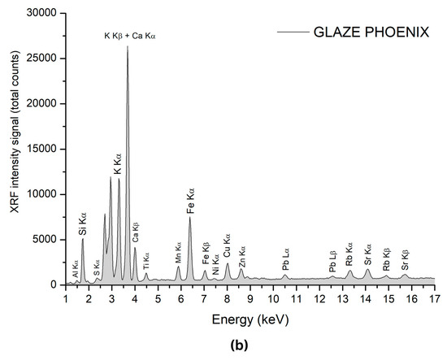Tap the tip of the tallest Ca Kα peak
[x=128, y=46]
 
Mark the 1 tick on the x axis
[x=66, y=297]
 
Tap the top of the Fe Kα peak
[x=190, y=217]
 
